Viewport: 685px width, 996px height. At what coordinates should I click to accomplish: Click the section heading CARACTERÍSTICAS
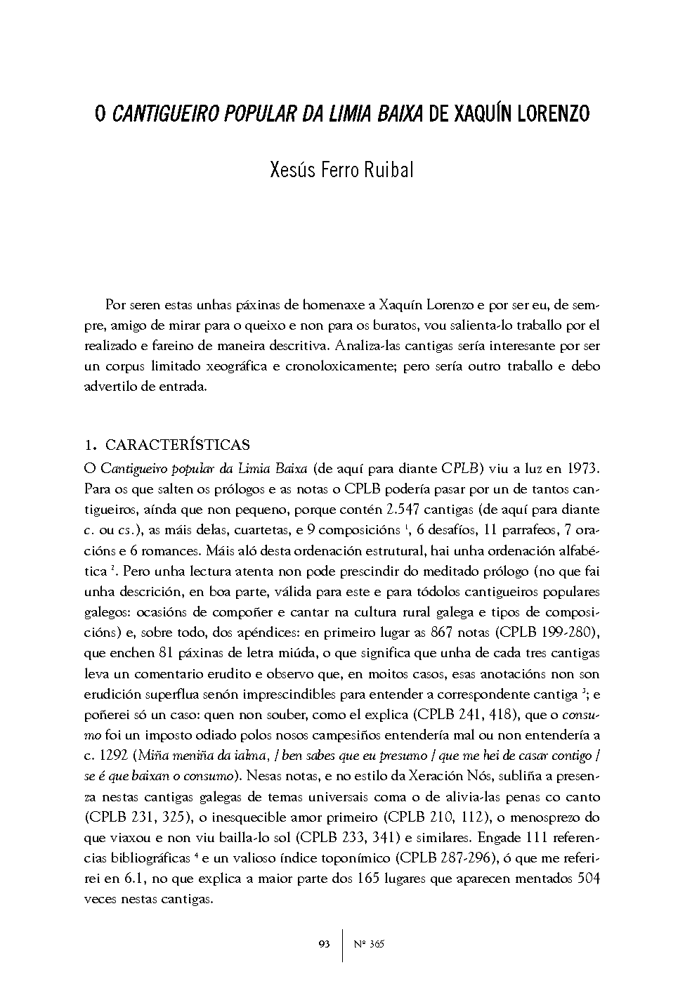click(177, 445)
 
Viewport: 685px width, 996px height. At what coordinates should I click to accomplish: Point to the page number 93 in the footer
click(324, 944)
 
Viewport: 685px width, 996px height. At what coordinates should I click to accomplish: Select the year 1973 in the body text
click(580, 468)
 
